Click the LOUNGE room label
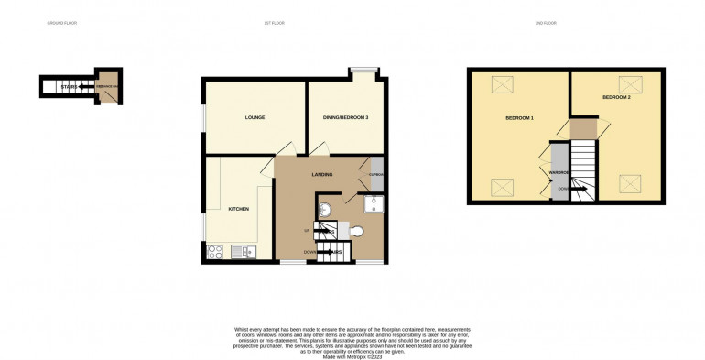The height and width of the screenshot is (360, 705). (255, 118)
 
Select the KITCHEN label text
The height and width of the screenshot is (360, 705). (238, 209)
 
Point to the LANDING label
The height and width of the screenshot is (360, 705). (321, 174)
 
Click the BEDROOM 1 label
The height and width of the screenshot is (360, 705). (519, 119)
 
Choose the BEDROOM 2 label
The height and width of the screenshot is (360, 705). (616, 96)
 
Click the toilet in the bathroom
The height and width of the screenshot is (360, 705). (356, 231)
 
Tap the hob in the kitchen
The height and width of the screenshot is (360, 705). (215, 250)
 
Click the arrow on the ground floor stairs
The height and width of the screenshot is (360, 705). (84, 87)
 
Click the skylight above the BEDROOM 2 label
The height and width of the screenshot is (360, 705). (629, 83)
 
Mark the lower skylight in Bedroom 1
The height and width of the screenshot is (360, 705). (503, 188)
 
